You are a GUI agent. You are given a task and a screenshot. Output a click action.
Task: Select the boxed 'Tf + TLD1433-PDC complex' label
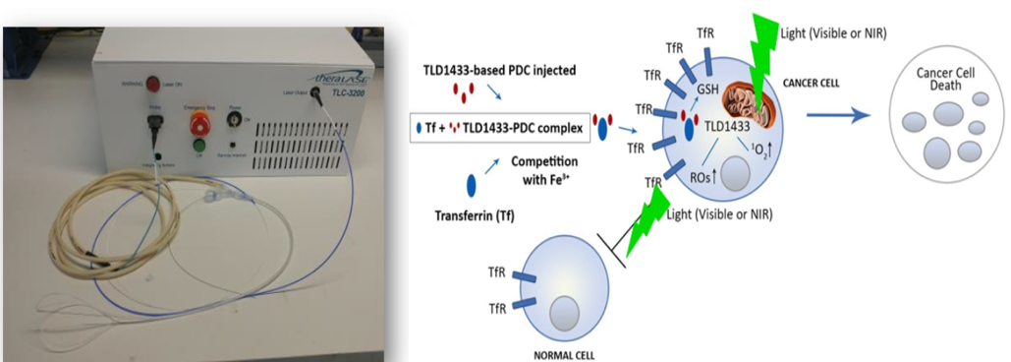(x=499, y=126)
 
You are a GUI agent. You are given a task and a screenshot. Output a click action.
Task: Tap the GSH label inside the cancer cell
(x=710, y=89)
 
